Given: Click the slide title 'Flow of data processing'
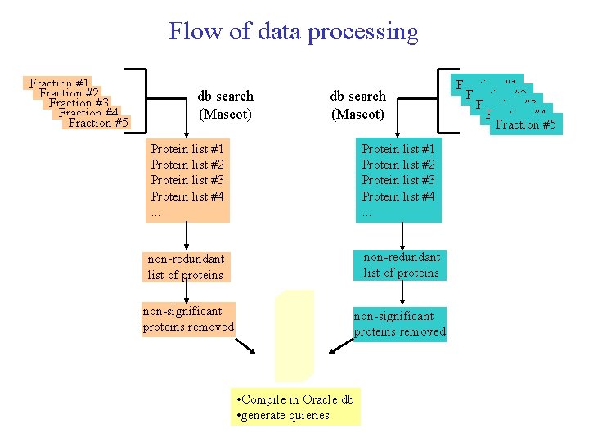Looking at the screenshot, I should [x=293, y=32].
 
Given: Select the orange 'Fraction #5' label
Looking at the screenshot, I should [x=98, y=124].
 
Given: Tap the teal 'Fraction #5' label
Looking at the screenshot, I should [x=525, y=125].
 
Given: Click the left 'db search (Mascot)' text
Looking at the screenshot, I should [x=225, y=105].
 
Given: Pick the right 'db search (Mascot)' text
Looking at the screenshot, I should [x=357, y=105].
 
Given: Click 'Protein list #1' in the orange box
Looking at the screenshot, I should [x=187, y=148].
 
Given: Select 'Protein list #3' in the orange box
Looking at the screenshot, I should [x=187, y=180].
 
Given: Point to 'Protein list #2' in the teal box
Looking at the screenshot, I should [x=398, y=165].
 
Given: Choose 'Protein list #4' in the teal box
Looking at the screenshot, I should [x=398, y=196].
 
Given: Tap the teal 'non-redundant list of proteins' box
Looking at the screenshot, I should [x=401, y=265].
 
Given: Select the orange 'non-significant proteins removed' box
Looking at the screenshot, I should [x=188, y=319].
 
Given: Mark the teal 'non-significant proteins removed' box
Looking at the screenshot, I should [x=399, y=324].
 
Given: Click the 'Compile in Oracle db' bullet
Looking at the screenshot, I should [x=294, y=399].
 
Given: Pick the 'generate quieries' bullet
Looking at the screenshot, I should [x=283, y=415].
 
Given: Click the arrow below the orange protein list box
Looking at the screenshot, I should [x=187, y=236].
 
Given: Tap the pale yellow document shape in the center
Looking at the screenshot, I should [x=294, y=336].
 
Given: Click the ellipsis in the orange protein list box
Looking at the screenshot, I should [x=155, y=213].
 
